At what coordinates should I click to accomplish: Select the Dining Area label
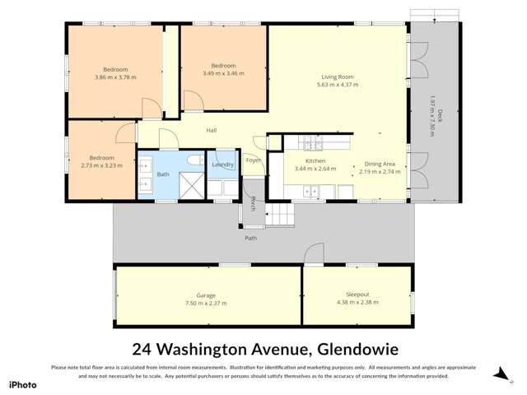pos(382,164)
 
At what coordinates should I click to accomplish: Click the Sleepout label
pos(357,295)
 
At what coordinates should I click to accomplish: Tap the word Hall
pos(211,131)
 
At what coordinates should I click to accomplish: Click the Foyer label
pos(253,160)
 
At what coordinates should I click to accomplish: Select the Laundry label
pos(223,165)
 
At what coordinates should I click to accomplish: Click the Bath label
pos(163,174)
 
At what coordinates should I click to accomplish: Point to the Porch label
pos(253,204)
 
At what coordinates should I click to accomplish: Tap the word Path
pos(250,239)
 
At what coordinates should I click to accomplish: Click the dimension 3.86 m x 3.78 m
pos(115,77)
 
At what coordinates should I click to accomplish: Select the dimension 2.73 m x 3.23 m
pos(101,165)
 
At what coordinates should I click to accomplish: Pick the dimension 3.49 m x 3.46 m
pos(223,73)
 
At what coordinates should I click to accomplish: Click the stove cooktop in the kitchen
pos(313,143)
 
